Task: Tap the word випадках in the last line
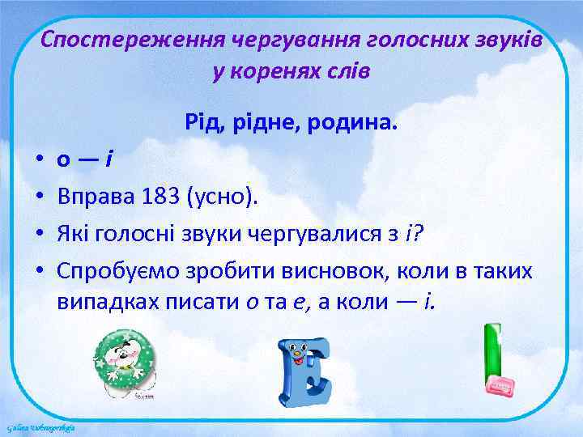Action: [x=102, y=302]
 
